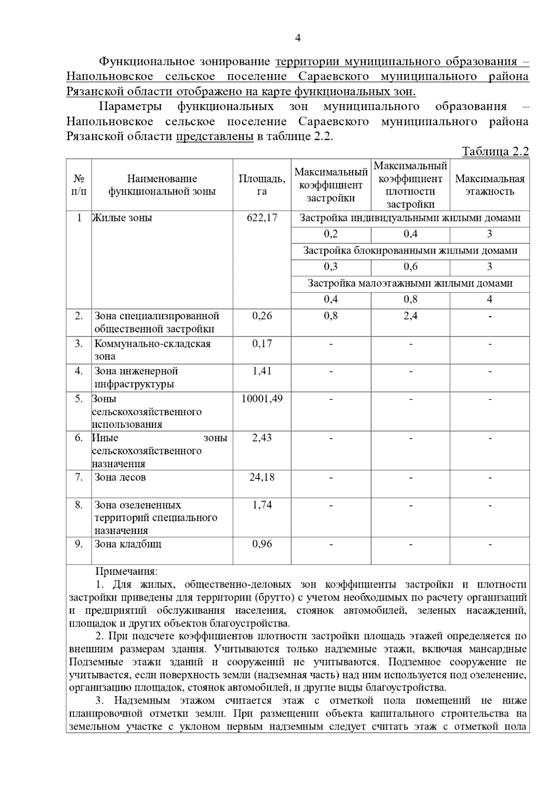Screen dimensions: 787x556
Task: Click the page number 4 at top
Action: (297, 38)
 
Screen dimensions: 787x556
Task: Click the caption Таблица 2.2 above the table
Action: (495, 152)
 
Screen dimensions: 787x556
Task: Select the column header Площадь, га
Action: (262, 185)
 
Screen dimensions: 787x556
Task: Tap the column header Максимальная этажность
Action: (490, 185)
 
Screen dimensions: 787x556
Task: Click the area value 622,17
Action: (262, 218)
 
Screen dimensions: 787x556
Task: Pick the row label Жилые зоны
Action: (122, 218)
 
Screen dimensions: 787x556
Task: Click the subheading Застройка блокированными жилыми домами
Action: (410, 251)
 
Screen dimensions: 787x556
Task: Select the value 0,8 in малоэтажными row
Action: (410, 299)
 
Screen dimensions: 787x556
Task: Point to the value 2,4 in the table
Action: (410, 316)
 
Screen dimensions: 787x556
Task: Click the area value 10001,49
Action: (262, 399)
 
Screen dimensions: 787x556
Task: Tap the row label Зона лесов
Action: (120, 477)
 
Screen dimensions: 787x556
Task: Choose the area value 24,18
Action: (262, 477)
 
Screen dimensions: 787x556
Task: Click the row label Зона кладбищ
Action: (128, 544)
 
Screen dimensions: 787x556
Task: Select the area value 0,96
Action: (262, 544)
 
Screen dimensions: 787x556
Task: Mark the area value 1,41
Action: (262, 371)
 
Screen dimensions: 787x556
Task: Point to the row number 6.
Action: (79, 438)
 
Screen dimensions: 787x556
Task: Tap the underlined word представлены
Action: (215, 137)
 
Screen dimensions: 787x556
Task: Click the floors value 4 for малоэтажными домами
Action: (490, 299)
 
